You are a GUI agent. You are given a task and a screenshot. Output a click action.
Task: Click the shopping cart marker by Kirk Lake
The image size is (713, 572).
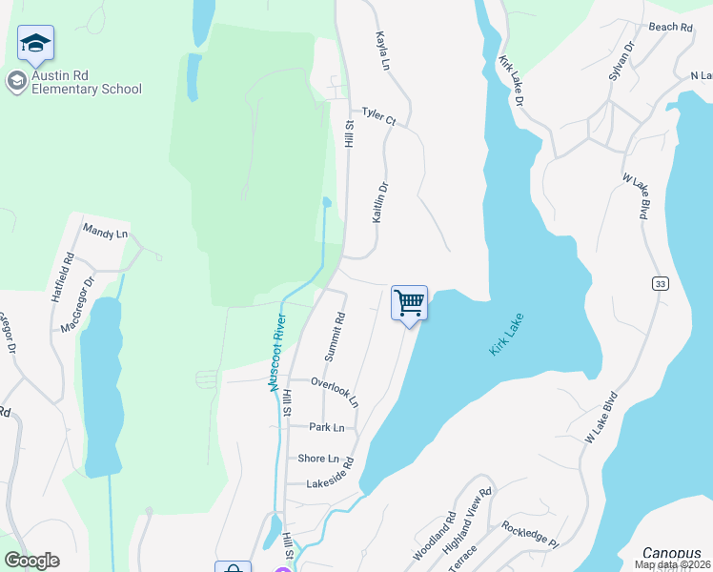pos(409,304)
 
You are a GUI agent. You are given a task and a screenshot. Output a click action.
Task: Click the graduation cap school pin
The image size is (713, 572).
pos(35,44)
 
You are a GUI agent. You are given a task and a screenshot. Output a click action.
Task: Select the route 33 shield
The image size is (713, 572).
pos(659,283)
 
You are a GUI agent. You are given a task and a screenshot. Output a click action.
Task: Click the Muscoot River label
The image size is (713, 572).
pos(277,352)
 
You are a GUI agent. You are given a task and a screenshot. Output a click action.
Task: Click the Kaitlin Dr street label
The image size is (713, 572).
pos(380,203)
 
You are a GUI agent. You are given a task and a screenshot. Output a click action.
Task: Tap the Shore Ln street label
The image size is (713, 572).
pos(318,458)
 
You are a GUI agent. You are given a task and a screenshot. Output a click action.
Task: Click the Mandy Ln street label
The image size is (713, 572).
pos(105,232)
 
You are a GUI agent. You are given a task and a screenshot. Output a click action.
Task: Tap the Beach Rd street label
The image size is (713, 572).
pos(670,28)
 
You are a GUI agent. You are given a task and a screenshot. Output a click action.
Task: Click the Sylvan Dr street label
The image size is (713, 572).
pos(621,61)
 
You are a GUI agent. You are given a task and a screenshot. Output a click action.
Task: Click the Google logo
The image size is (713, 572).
pos(31,561)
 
